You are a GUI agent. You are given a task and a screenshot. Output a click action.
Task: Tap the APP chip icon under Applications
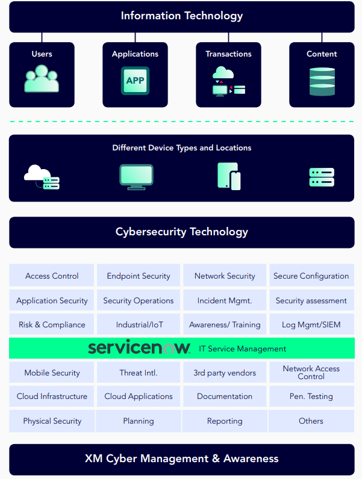click(135, 81)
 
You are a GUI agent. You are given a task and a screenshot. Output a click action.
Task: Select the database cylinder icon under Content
click(322, 82)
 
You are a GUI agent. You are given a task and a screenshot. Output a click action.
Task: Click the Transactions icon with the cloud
click(228, 82)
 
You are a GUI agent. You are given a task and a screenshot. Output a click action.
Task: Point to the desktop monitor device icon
click(137, 177)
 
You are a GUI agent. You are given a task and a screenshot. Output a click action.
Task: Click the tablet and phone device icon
click(229, 176)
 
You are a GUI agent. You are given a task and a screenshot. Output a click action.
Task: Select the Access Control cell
click(52, 276)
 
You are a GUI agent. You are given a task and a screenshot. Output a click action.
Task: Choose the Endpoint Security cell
click(139, 276)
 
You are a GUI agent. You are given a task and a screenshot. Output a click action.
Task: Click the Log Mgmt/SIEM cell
click(311, 325)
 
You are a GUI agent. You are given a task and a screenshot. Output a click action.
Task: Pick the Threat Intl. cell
click(139, 373)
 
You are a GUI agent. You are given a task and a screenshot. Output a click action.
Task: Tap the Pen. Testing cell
click(311, 397)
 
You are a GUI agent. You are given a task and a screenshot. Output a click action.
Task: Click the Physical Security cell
click(52, 421)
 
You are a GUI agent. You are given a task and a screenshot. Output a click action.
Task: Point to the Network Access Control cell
click(311, 372)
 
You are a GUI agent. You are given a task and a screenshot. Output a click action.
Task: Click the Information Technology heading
click(181, 16)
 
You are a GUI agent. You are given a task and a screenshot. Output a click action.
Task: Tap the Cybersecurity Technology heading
click(181, 232)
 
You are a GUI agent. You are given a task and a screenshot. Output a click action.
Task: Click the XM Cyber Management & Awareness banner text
click(181, 459)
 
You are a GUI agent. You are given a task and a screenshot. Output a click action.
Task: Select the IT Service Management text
click(243, 348)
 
